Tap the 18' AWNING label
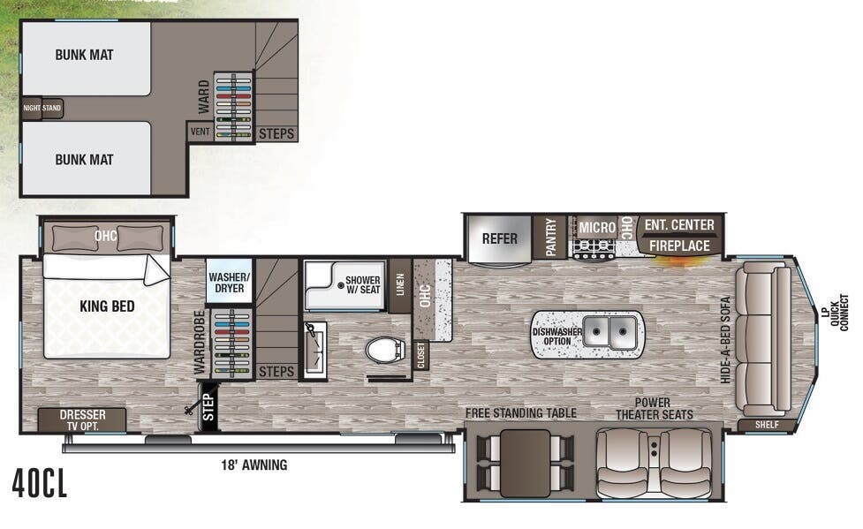254,465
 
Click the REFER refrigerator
499,238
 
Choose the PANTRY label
551,238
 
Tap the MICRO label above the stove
597,228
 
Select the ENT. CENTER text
679,225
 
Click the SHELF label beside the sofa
767,425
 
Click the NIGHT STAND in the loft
42,109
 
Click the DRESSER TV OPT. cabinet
83,419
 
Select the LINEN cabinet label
399,285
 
